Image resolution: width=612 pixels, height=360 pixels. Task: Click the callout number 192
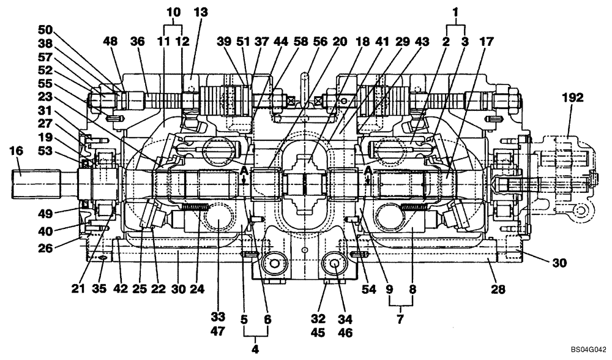coord(575,97)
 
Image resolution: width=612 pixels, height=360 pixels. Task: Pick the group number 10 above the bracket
coord(174,11)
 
